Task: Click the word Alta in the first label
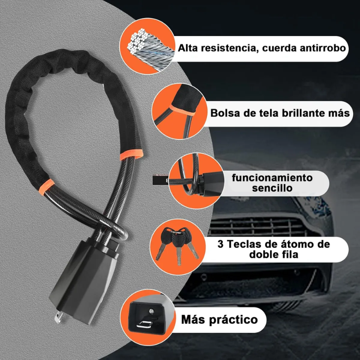[x=189, y=47]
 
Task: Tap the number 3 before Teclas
[x=221, y=244]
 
